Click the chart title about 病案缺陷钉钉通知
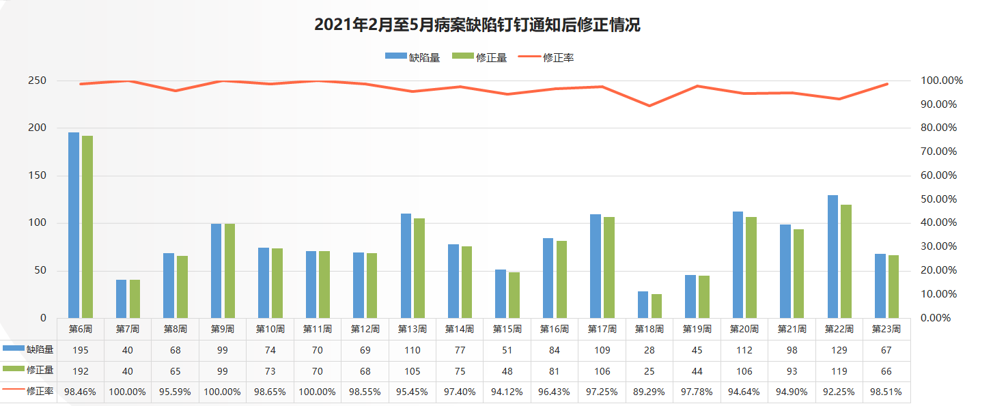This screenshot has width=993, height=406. tap(477, 25)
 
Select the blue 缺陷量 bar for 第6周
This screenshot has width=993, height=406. tap(74, 225)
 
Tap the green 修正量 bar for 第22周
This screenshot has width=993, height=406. tap(846, 261)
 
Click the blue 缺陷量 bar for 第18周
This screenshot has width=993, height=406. tap(643, 305)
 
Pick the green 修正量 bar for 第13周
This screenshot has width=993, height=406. tap(419, 268)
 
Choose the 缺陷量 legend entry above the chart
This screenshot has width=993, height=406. tap(412, 58)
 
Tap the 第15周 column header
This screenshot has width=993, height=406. tap(507, 329)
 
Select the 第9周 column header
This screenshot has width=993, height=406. tap(223, 329)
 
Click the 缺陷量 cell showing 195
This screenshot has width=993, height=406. tap(81, 350)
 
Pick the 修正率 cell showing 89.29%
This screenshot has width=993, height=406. tap(649, 392)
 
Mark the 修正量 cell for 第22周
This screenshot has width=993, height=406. tap(839, 371)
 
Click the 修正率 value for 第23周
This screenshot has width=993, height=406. tap(886, 392)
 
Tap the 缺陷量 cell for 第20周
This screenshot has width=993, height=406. tap(744, 350)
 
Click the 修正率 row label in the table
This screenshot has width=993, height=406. tap(40, 392)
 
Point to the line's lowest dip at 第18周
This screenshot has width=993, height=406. tap(649, 106)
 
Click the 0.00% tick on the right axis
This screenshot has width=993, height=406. tap(936, 318)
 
